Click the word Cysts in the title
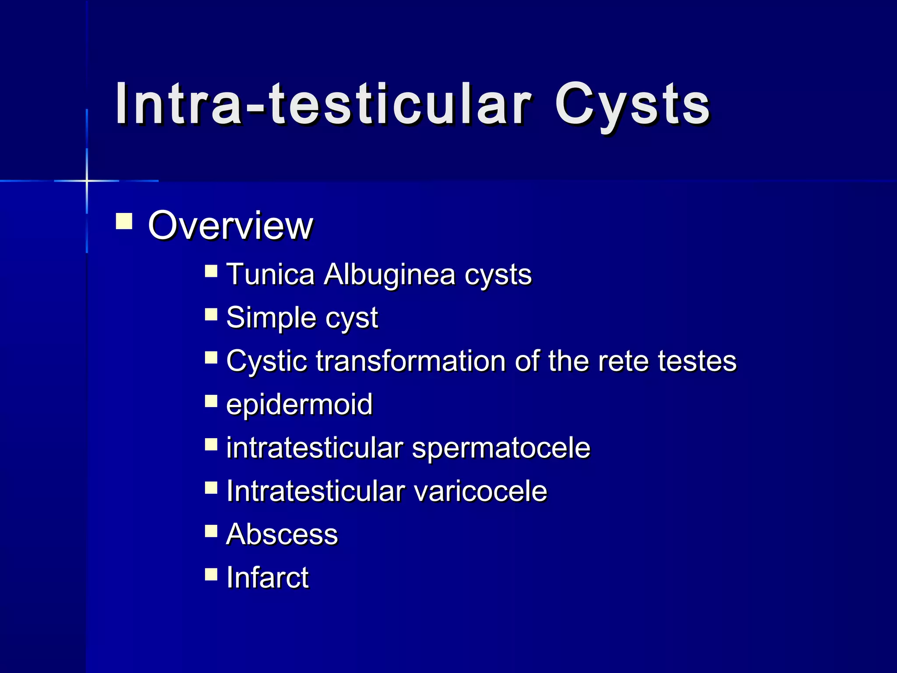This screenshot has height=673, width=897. (x=632, y=104)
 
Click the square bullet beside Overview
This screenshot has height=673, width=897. (x=124, y=221)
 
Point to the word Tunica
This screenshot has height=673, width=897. (x=270, y=274)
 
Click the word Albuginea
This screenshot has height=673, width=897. (x=389, y=274)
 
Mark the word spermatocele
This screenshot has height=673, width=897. (x=501, y=447)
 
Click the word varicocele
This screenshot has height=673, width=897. (x=480, y=491)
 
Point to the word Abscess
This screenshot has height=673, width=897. (x=282, y=534)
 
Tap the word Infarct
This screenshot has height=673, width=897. (x=267, y=577)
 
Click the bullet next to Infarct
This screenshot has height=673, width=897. (x=211, y=574)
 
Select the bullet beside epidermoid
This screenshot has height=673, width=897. (x=211, y=401)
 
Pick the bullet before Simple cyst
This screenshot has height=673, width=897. (x=211, y=314)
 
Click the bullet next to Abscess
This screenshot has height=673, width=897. (x=211, y=531)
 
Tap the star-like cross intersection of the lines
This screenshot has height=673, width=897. (x=87, y=181)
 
